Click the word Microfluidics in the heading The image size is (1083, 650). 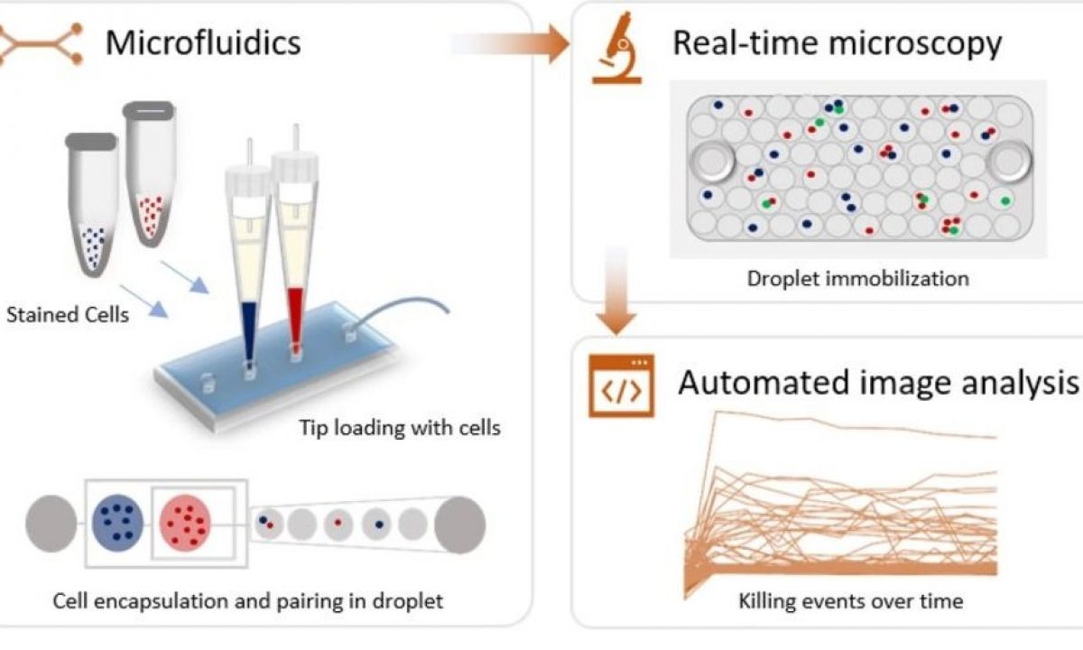203,42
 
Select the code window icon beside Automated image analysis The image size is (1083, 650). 621,386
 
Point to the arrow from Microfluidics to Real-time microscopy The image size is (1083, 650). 510,42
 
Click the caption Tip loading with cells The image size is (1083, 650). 399,427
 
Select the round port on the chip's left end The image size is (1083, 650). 714,162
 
